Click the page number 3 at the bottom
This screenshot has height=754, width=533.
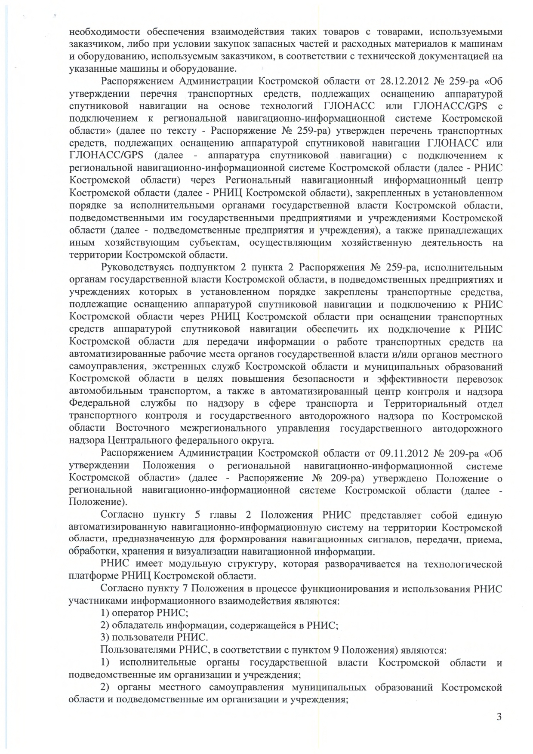click(499, 716)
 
